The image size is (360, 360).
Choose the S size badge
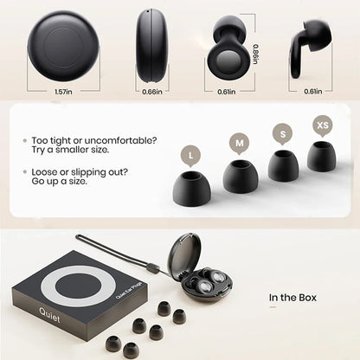click(x=280, y=133)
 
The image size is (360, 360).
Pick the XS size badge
click(x=322, y=125)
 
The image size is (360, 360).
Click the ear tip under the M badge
click(x=240, y=175)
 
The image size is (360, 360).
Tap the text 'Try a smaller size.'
click(x=78, y=151)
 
